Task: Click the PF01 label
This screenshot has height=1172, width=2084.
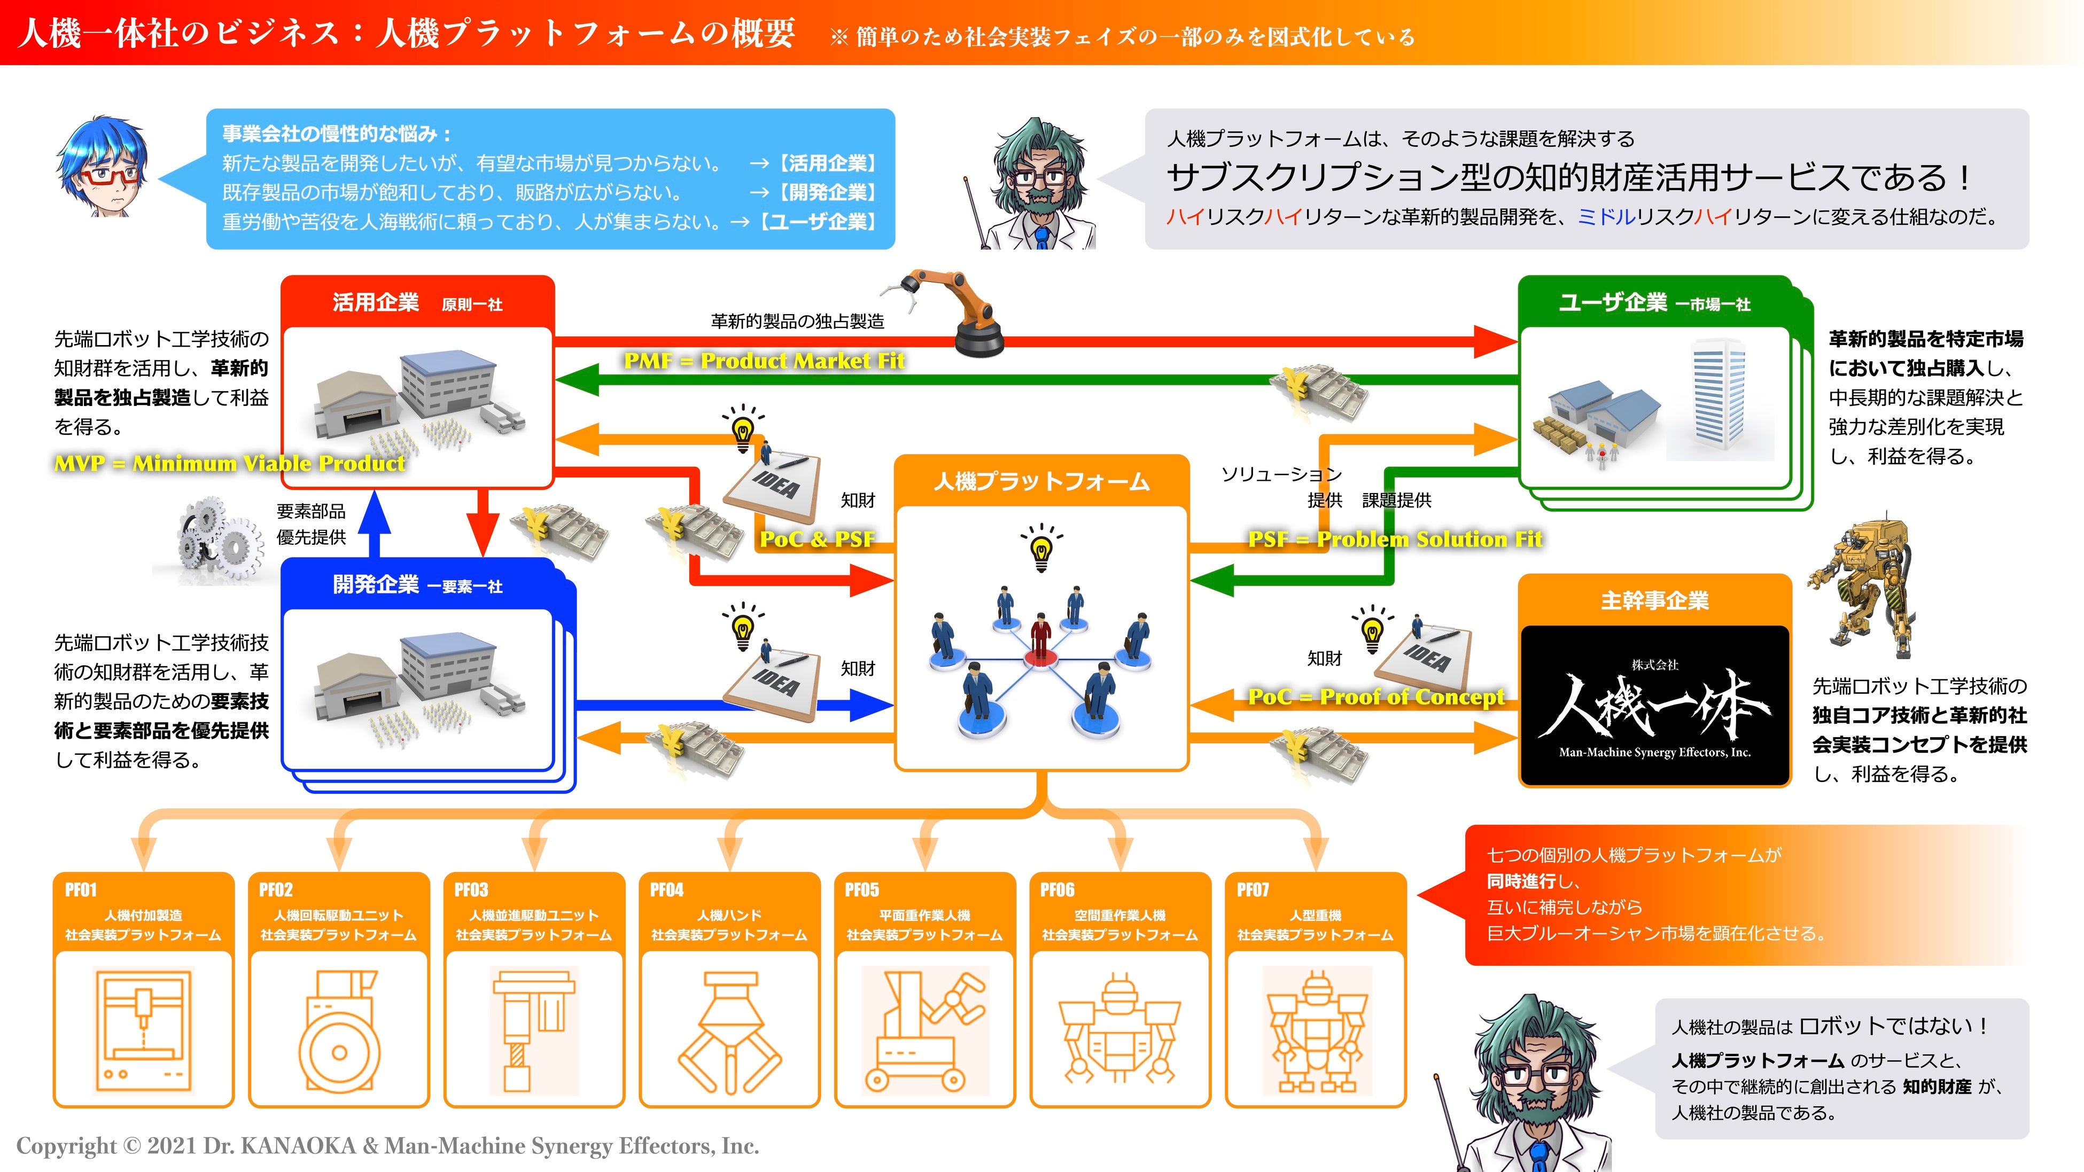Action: (81, 890)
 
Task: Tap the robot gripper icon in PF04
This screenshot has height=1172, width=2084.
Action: (729, 1032)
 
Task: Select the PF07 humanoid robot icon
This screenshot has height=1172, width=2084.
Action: (1316, 1032)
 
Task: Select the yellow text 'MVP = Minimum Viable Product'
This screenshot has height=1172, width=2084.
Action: (229, 464)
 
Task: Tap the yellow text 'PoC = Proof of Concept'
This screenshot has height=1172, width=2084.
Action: (1375, 697)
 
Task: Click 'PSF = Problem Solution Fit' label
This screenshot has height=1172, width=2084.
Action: (1395, 540)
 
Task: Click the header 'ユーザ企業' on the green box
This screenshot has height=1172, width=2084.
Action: (1612, 302)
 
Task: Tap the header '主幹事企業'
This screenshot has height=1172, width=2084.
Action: (1654, 600)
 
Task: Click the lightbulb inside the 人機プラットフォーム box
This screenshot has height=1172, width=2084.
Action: (1041, 550)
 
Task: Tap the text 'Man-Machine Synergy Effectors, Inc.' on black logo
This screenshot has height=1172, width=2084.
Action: (1654, 752)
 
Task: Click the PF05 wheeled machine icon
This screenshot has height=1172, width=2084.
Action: (924, 1032)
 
